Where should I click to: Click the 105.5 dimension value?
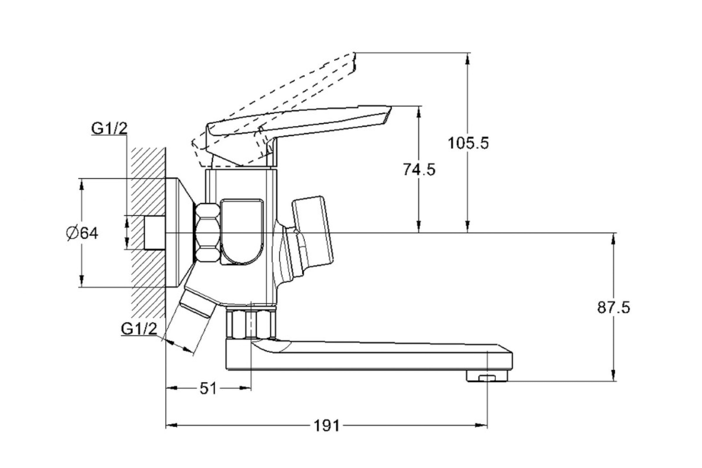pos(468,143)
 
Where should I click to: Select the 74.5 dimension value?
pos(419,170)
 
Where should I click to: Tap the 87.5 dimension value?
pos(614,307)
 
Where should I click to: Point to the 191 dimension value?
pos(326,426)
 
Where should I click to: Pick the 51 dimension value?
pos(208,388)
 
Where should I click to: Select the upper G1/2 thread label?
pos(109,129)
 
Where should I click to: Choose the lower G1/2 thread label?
pos(139,329)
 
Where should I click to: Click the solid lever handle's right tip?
pos(391,107)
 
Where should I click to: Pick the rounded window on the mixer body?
pos(242,232)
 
